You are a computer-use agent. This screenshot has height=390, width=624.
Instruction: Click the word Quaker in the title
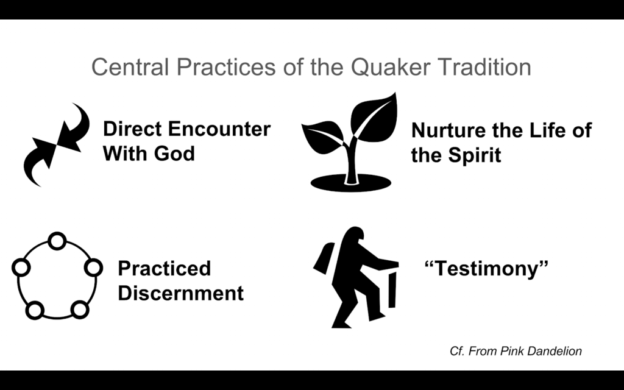[390, 67]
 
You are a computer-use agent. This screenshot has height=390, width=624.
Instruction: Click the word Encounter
[219, 129]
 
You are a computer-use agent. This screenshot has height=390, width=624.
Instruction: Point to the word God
[174, 154]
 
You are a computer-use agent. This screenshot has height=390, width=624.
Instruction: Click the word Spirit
[474, 156]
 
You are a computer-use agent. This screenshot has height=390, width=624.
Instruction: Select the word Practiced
[165, 269]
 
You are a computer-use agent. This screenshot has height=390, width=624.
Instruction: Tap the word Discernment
[180, 293]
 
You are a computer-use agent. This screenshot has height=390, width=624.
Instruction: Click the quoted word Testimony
[487, 268]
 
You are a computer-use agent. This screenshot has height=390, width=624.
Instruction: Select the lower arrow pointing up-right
[40, 161]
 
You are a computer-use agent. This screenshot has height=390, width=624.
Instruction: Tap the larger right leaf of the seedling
[374, 118]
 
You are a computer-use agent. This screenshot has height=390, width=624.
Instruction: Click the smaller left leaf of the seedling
[323, 137]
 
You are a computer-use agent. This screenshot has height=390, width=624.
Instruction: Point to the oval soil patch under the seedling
[350, 183]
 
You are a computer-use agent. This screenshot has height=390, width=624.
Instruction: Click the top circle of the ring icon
[57, 241]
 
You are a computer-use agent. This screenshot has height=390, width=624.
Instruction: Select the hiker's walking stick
[392, 289]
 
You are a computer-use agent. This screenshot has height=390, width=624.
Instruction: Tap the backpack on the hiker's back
[325, 258]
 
